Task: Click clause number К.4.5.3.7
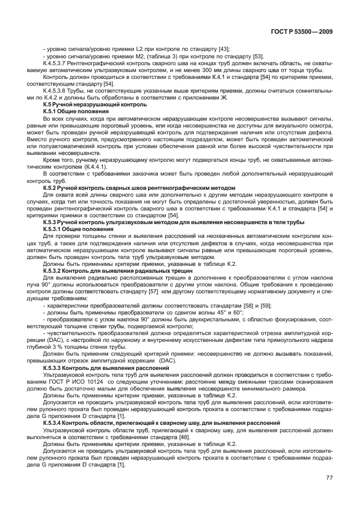click(55, 64)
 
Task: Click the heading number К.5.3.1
click(55, 228)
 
